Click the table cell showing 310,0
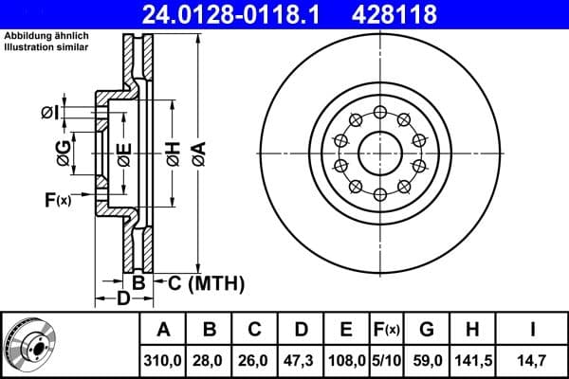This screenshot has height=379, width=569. pyautogui.click(x=163, y=360)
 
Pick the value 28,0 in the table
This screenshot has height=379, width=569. pyautogui.click(x=210, y=360)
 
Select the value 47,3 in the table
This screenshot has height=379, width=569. pyautogui.click(x=301, y=360)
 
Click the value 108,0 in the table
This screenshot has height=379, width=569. pyautogui.click(x=346, y=360)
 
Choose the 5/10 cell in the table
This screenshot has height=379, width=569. pyautogui.click(x=386, y=360)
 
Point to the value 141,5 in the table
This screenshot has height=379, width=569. pyautogui.click(x=471, y=360)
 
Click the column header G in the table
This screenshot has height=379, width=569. pyautogui.click(x=426, y=330)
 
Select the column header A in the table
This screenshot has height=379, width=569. pyautogui.click(x=163, y=330)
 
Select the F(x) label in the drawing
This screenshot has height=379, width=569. pyautogui.click(x=57, y=199)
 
